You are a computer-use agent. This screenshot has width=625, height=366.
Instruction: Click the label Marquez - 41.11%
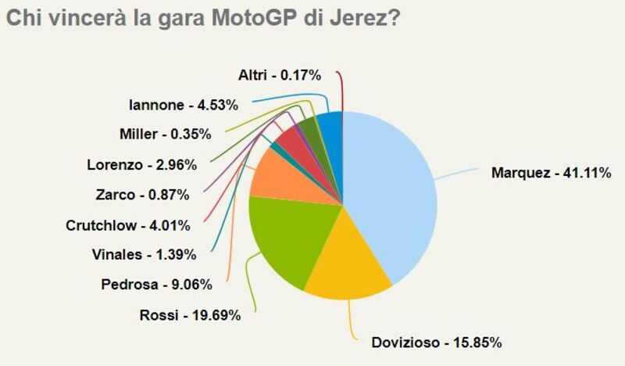point(550,172)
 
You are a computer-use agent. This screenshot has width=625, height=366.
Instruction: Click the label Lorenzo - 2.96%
point(141,164)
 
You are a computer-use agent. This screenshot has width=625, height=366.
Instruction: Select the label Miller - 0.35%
point(164,134)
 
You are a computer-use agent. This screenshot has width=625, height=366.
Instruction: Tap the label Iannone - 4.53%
point(177,103)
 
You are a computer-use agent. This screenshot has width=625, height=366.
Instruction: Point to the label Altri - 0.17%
point(280,75)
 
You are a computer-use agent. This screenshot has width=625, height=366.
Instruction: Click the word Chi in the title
point(23,18)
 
